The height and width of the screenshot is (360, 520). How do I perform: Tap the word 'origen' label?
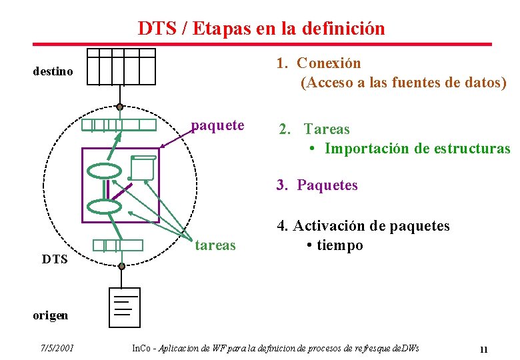(50, 316)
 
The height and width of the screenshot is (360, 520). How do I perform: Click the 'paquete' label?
(217, 125)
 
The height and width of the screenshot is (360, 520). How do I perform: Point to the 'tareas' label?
(215, 245)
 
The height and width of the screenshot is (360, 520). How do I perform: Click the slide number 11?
(484, 349)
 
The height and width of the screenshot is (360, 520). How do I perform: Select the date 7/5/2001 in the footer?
(57, 348)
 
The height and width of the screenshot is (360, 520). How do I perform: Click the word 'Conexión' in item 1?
(329, 63)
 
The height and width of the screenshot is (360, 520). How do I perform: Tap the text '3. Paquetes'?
(317, 185)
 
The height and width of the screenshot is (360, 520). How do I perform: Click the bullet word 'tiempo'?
(340, 245)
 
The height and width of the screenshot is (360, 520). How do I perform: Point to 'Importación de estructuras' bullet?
(417, 149)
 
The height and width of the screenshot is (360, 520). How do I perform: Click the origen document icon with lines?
(125, 307)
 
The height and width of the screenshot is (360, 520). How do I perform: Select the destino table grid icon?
(121, 67)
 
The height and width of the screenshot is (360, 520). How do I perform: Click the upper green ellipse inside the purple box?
(105, 171)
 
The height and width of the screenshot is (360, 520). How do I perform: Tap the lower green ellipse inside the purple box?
(105, 207)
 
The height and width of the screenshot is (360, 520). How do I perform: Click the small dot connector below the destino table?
(119, 107)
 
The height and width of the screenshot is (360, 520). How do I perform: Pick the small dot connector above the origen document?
(121, 266)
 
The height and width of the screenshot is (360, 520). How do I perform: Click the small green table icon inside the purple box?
(143, 168)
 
